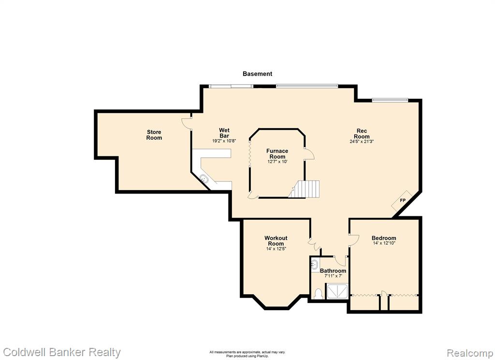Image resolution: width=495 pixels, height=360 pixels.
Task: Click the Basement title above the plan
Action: coord(257,74)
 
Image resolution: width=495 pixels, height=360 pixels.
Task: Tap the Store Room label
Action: coord(154,135)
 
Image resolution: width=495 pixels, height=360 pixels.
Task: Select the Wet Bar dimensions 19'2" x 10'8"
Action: coord(224,141)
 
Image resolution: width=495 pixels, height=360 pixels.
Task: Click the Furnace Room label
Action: coord(277,153)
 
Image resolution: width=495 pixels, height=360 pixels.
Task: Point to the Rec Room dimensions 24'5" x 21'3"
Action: coord(362,141)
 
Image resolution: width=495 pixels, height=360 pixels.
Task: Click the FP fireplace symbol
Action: coord(402,200)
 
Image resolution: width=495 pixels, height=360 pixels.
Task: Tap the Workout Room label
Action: coord(276,240)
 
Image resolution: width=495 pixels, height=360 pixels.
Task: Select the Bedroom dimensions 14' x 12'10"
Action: coord(384,243)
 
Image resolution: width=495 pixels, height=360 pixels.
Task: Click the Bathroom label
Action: coord(333,271)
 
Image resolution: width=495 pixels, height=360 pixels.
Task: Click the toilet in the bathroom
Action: coord(318,294)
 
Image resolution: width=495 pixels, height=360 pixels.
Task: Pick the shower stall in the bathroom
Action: coord(337,291)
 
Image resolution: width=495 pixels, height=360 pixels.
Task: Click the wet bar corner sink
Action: coord(204,178)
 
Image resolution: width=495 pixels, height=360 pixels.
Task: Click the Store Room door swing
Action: coord(187,123)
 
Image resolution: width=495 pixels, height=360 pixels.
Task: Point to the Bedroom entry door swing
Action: coord(354,239)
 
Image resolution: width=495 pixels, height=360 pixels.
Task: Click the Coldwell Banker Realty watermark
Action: coord(61,352)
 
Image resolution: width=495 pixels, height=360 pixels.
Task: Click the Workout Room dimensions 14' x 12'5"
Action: coord(276,249)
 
